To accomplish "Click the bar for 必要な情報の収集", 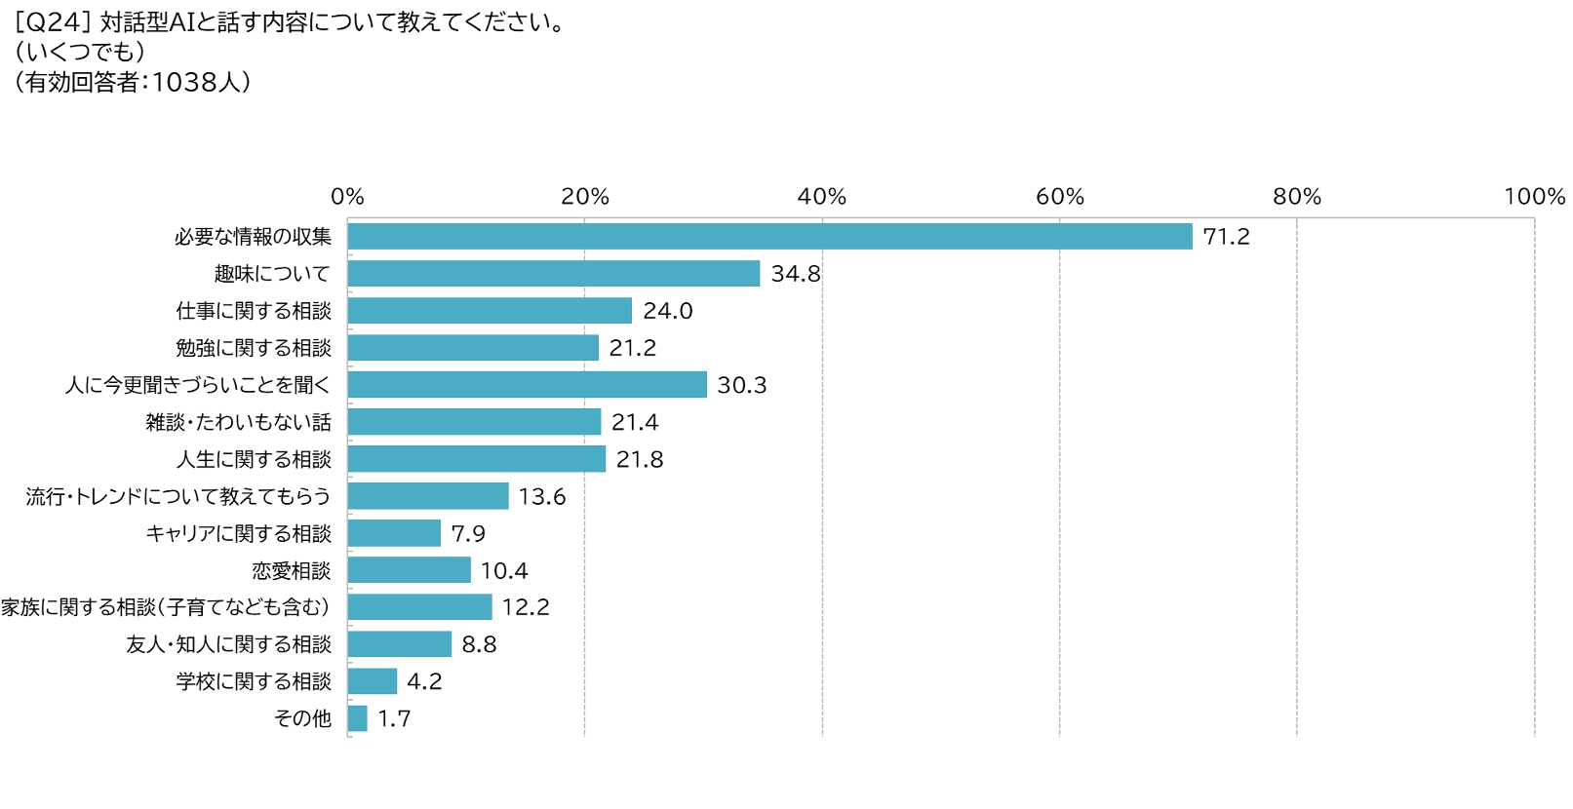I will click(x=769, y=237).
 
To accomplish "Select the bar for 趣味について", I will click(x=553, y=274).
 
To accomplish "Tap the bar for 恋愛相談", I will click(x=409, y=570).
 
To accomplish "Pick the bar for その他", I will click(x=357, y=718).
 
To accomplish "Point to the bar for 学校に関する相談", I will click(x=372, y=681).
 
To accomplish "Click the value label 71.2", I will click(x=1226, y=237).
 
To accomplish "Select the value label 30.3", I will click(x=741, y=385).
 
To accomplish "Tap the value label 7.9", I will click(x=467, y=533).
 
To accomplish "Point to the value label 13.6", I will click(x=541, y=496).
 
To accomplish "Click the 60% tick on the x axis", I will click(x=1059, y=197).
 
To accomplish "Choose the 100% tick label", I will click(x=1534, y=197).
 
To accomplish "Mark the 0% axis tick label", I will click(x=347, y=197).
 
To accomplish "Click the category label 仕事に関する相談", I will click(x=254, y=311).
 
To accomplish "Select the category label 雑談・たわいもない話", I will click(x=239, y=422).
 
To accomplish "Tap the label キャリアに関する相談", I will click(x=239, y=533).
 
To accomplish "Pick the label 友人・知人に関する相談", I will click(x=229, y=644).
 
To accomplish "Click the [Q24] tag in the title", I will click(x=53, y=22).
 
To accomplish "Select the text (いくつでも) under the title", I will click(x=80, y=52).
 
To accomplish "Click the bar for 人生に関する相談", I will click(x=476, y=459).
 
